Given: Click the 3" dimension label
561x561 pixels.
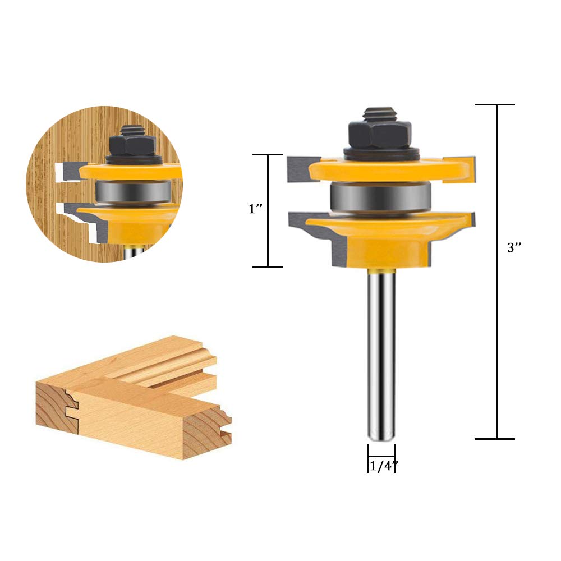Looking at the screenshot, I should [x=514, y=248].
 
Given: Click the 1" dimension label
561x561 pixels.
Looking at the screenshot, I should [x=255, y=209].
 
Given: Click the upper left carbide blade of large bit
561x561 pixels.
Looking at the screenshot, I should [x=297, y=170].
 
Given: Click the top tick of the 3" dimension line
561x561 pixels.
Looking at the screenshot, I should [x=494, y=105].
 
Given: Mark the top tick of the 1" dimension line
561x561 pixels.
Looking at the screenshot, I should [x=267, y=154].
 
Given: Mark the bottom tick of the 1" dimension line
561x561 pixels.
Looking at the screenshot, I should [x=267, y=266].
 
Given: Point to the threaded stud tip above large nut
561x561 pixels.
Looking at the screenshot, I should [x=380, y=114].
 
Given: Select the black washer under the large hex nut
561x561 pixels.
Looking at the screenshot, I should [x=380, y=152].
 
